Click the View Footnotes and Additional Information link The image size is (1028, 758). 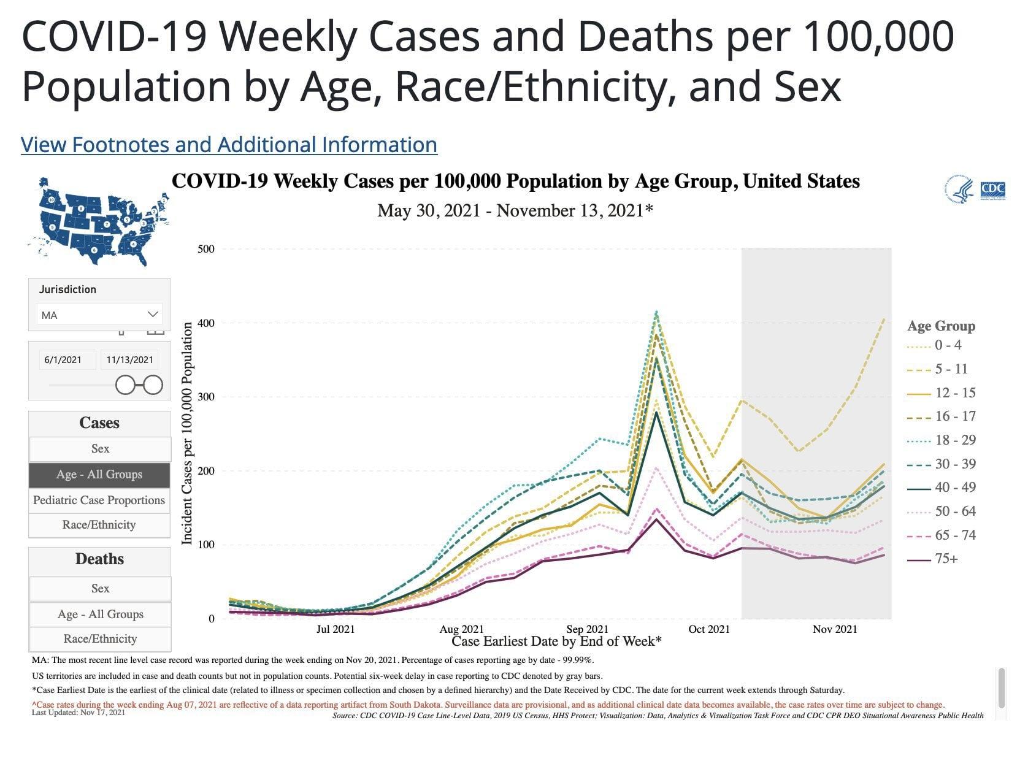point(229,145)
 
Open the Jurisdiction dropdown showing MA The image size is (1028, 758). point(99,315)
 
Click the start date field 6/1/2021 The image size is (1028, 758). point(63,359)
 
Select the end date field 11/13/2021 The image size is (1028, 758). point(129,359)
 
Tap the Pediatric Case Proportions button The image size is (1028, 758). point(99,500)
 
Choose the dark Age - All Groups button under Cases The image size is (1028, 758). point(99,474)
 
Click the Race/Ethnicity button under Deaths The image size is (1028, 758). point(100,638)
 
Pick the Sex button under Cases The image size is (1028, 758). point(100,448)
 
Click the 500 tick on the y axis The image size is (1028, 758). point(206,249)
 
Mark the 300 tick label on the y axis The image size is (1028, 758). point(206,397)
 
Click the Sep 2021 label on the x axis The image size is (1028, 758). point(588,629)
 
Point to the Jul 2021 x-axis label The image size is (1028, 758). point(336,629)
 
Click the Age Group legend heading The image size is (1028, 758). point(941,326)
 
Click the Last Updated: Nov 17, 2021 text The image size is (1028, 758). point(78,712)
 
